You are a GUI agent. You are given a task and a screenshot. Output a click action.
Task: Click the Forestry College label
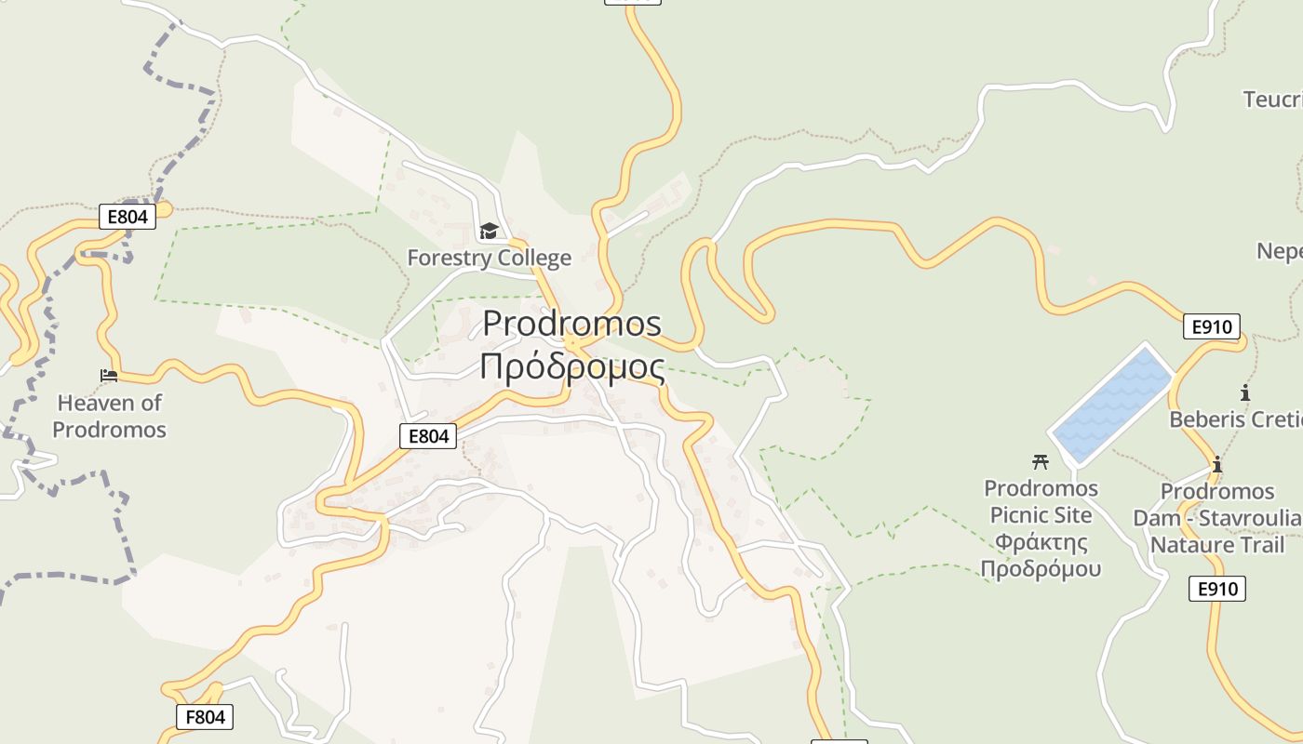(x=489, y=258)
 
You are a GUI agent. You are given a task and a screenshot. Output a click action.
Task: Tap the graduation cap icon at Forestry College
(x=489, y=231)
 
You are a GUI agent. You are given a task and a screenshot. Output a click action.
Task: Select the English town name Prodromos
(x=571, y=324)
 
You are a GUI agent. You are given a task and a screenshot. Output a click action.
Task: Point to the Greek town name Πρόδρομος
(x=571, y=366)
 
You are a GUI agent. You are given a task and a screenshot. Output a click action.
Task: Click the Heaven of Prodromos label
(x=109, y=416)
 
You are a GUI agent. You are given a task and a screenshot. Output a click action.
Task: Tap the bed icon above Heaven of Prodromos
(x=109, y=376)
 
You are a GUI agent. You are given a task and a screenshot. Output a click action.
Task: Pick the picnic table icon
(x=1041, y=460)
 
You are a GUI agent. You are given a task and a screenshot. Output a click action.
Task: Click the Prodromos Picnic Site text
(x=1041, y=501)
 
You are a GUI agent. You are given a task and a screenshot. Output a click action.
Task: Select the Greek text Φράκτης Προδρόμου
(x=1041, y=555)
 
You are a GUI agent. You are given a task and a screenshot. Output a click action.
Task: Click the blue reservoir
(x=1112, y=405)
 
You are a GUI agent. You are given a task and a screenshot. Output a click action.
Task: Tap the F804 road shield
(x=205, y=717)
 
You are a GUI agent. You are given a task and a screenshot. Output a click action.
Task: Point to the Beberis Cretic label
(x=1234, y=419)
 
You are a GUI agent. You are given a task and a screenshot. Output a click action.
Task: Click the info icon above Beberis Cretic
(x=1245, y=392)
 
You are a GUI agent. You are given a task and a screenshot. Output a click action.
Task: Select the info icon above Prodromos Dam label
(x=1216, y=463)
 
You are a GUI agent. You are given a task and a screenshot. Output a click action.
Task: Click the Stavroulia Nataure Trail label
(x=1217, y=531)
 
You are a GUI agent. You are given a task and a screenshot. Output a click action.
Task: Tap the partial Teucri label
(x=1272, y=99)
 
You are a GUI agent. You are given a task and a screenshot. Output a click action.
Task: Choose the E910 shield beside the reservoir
(x=1212, y=326)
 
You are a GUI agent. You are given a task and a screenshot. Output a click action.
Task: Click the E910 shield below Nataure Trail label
(x=1217, y=588)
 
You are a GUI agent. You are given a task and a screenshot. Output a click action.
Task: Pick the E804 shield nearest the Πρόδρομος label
(x=428, y=435)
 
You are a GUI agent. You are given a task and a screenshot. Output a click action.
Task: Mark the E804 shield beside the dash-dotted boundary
(x=128, y=218)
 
